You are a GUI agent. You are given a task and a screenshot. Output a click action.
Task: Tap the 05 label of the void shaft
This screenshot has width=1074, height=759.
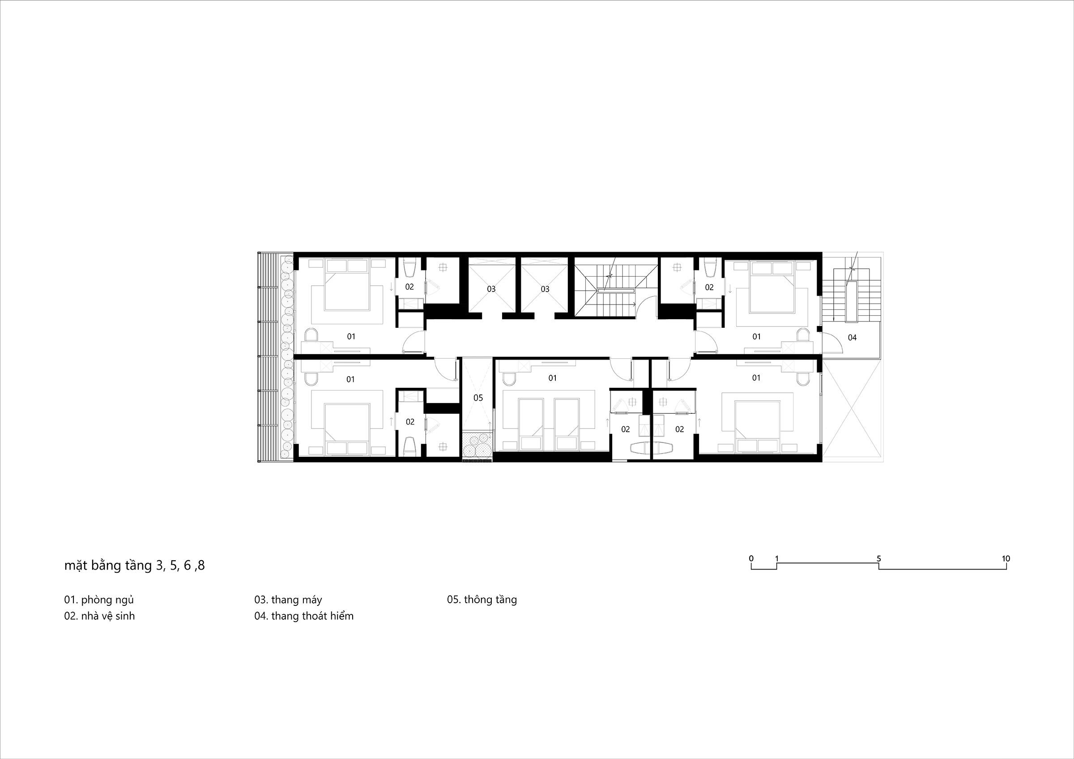tap(478, 398)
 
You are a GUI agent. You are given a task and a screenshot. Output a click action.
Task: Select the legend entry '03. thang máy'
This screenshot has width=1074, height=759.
tap(288, 600)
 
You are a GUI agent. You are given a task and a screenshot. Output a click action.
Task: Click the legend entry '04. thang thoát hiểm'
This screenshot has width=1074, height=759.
tap(304, 616)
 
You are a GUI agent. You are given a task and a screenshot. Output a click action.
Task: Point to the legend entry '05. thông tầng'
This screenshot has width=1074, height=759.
tap(482, 600)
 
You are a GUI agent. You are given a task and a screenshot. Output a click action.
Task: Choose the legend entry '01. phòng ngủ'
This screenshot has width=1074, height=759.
tap(99, 600)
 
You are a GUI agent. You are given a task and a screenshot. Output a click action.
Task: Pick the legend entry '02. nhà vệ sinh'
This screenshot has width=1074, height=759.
tap(100, 616)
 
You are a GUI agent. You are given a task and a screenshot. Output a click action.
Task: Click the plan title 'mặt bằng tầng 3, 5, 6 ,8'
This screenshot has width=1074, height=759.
tap(135, 566)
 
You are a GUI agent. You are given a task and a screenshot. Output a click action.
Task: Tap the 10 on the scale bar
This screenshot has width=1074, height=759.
tap(1006, 559)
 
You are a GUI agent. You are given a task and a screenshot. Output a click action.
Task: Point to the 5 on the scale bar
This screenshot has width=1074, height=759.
tap(879, 559)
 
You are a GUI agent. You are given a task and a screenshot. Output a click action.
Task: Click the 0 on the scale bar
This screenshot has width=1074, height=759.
tap(751, 558)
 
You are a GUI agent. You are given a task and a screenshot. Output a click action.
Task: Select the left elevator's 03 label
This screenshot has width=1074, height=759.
tap(491, 289)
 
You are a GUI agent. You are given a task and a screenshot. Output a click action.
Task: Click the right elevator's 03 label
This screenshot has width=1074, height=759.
tap(545, 289)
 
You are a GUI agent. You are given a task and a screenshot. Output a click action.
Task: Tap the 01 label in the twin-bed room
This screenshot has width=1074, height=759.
tap(552, 377)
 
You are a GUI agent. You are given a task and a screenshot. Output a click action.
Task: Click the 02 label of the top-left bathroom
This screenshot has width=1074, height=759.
tap(409, 287)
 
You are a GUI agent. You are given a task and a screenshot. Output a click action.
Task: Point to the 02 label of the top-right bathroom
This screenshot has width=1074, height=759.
tap(709, 287)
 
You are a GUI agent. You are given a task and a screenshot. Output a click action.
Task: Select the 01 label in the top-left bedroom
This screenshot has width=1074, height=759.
tap(351, 336)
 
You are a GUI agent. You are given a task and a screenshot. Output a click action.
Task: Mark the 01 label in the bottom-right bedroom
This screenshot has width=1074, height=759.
tap(756, 377)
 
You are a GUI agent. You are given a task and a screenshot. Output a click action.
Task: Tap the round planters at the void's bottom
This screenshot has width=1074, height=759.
tap(477, 444)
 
